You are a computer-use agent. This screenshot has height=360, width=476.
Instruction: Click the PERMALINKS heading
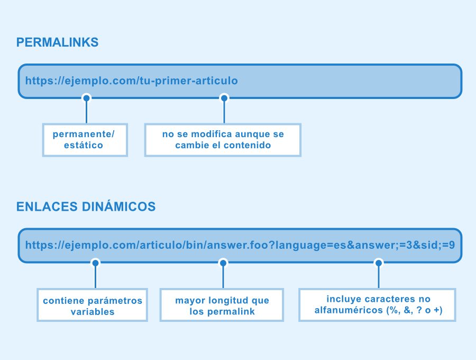[57, 42]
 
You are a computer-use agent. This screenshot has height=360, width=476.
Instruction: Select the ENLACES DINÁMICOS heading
[86, 206]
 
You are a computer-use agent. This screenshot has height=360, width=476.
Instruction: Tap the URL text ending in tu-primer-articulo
[132, 81]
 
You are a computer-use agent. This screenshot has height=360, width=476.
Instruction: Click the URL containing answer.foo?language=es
[240, 245]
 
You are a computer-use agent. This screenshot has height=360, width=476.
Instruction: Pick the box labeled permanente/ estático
[85, 140]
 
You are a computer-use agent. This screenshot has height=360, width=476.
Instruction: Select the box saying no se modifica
[223, 140]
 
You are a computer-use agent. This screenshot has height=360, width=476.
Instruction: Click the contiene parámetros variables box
[92, 305]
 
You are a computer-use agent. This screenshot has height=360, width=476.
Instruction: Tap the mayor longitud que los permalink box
[222, 305]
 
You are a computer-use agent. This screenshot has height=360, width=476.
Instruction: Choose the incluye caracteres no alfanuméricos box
[377, 305]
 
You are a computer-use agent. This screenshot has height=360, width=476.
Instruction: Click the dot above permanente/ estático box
[87, 98]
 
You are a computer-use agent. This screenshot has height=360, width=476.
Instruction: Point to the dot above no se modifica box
[224, 98]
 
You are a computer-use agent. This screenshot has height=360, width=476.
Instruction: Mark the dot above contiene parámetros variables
[95, 263]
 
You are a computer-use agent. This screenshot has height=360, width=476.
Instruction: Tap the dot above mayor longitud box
[223, 263]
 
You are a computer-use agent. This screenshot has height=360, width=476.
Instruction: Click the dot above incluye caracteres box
[379, 263]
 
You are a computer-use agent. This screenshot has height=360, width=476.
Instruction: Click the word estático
[84, 145]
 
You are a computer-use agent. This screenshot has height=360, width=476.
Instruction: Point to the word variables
[93, 312]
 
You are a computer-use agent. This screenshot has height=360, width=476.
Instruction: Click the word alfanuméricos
[349, 310]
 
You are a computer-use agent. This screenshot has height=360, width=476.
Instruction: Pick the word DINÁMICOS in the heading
[118, 206]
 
